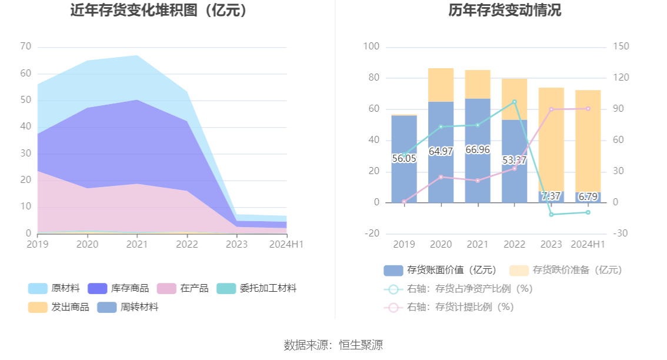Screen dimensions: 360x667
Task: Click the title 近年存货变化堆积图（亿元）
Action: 159,11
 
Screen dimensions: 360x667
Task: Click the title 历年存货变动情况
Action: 496,11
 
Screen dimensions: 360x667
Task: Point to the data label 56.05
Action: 403,158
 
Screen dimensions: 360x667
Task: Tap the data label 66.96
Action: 477,149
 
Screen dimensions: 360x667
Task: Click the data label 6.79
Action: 588,196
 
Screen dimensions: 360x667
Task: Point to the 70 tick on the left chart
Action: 25,46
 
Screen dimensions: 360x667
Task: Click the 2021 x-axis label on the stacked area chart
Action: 137,244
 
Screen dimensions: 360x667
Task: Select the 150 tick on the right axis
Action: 621,46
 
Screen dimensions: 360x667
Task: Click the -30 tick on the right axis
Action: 621,234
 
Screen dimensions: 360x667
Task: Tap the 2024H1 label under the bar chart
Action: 588,244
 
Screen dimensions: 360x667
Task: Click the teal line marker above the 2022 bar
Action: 514,102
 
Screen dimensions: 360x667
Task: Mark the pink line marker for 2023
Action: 551,109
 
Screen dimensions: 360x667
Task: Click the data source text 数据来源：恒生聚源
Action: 333,345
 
